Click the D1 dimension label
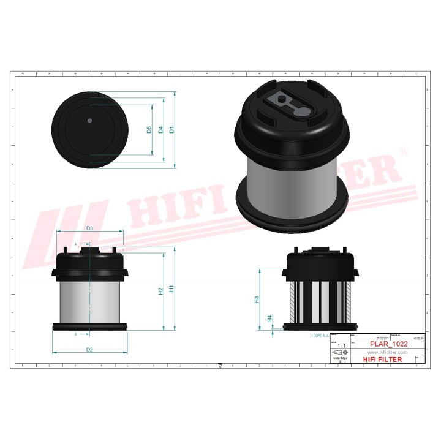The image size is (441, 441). click(172, 129)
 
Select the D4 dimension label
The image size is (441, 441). click(161, 129)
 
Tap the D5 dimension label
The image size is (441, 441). click(149, 129)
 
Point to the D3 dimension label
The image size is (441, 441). click(89, 228)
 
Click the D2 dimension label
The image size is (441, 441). click(89, 349)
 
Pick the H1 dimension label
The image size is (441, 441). click(172, 287)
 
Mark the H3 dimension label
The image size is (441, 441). click(257, 300)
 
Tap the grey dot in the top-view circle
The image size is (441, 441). click(89, 120)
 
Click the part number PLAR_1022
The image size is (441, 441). click(388, 345)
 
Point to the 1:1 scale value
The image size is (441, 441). click(340, 346)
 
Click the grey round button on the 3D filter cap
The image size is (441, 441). click(304, 111)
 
